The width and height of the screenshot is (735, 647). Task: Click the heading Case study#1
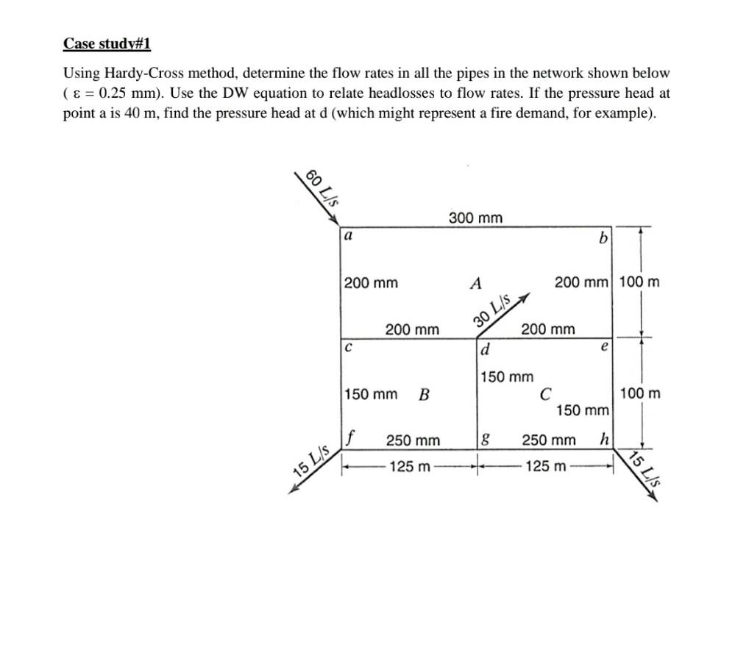coord(107,44)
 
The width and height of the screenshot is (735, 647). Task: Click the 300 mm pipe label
coord(475,218)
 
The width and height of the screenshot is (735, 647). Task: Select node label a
coord(348,237)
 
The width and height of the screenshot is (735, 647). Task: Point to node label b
coord(604,239)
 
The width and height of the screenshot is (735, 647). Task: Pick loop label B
coord(424,395)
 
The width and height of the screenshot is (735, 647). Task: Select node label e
coord(604,346)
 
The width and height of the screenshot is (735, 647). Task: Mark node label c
coord(347,346)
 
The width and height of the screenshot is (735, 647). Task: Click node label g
coord(484,440)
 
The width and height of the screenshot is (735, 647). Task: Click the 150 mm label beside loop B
coord(371,395)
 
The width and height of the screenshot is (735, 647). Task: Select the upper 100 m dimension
coord(639,282)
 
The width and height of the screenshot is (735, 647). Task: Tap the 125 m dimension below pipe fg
coord(406,465)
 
